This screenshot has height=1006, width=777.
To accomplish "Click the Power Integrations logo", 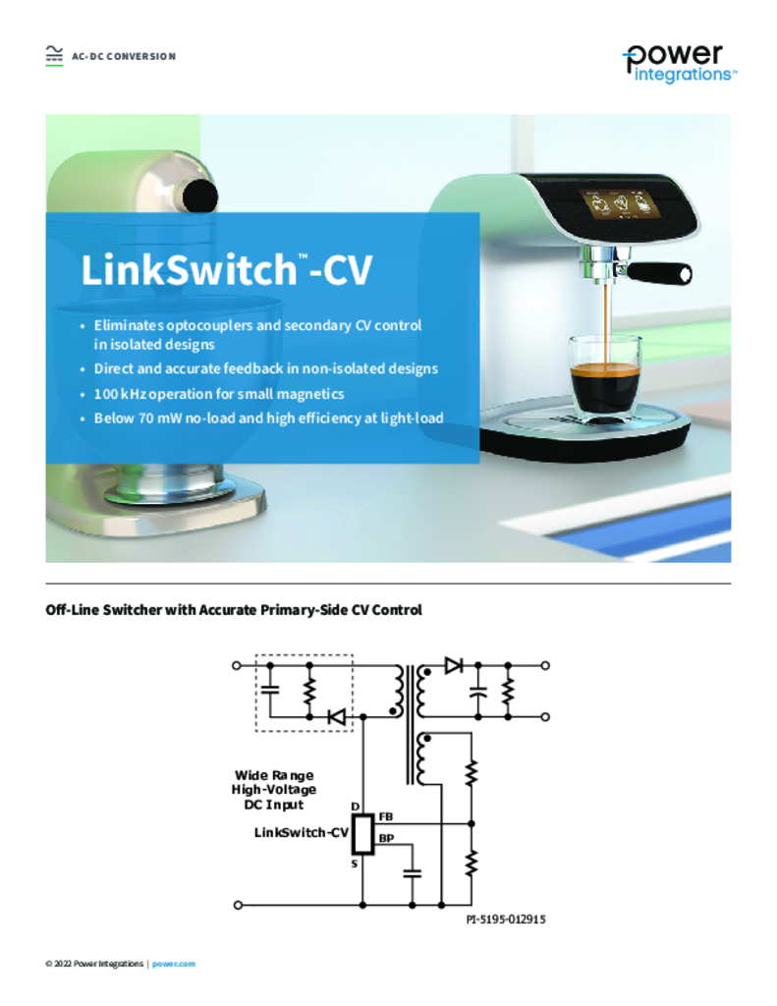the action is pyautogui.click(x=679, y=64).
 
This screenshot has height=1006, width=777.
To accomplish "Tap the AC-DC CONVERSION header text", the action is pyautogui.click(x=124, y=56).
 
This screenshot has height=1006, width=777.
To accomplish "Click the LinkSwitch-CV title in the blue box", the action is pyautogui.click(x=226, y=269).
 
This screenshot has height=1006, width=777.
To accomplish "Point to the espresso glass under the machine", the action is pyautogui.click(x=604, y=374).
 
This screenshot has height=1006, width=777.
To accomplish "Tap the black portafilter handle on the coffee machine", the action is pyautogui.click(x=658, y=273).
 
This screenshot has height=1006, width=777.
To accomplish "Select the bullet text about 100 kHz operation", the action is pyautogui.click(x=219, y=394).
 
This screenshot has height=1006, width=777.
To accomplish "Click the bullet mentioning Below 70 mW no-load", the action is pyautogui.click(x=269, y=419).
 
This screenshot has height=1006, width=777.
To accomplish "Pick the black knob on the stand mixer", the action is pyautogui.click(x=199, y=196).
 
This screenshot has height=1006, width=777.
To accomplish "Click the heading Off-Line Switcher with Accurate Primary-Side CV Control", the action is pyautogui.click(x=234, y=609).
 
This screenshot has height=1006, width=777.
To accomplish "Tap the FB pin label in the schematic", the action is pyautogui.click(x=386, y=816).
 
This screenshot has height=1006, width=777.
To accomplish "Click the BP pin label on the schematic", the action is pyautogui.click(x=386, y=839).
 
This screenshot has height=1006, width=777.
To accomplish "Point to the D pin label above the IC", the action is pyautogui.click(x=355, y=807).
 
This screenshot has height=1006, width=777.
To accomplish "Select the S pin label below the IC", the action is pyautogui.click(x=355, y=865).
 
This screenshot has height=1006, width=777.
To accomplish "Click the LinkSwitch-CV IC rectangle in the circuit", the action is pyautogui.click(x=363, y=834).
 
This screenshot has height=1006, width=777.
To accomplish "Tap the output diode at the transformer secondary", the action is pyautogui.click(x=454, y=665).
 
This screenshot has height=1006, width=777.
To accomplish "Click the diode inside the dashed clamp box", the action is pyautogui.click(x=336, y=716).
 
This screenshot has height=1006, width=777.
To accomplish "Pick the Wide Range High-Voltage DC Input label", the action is pyautogui.click(x=274, y=790).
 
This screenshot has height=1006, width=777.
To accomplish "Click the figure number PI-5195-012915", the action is pyautogui.click(x=506, y=920).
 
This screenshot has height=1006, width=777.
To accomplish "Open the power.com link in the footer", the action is pyautogui.click(x=174, y=964).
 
